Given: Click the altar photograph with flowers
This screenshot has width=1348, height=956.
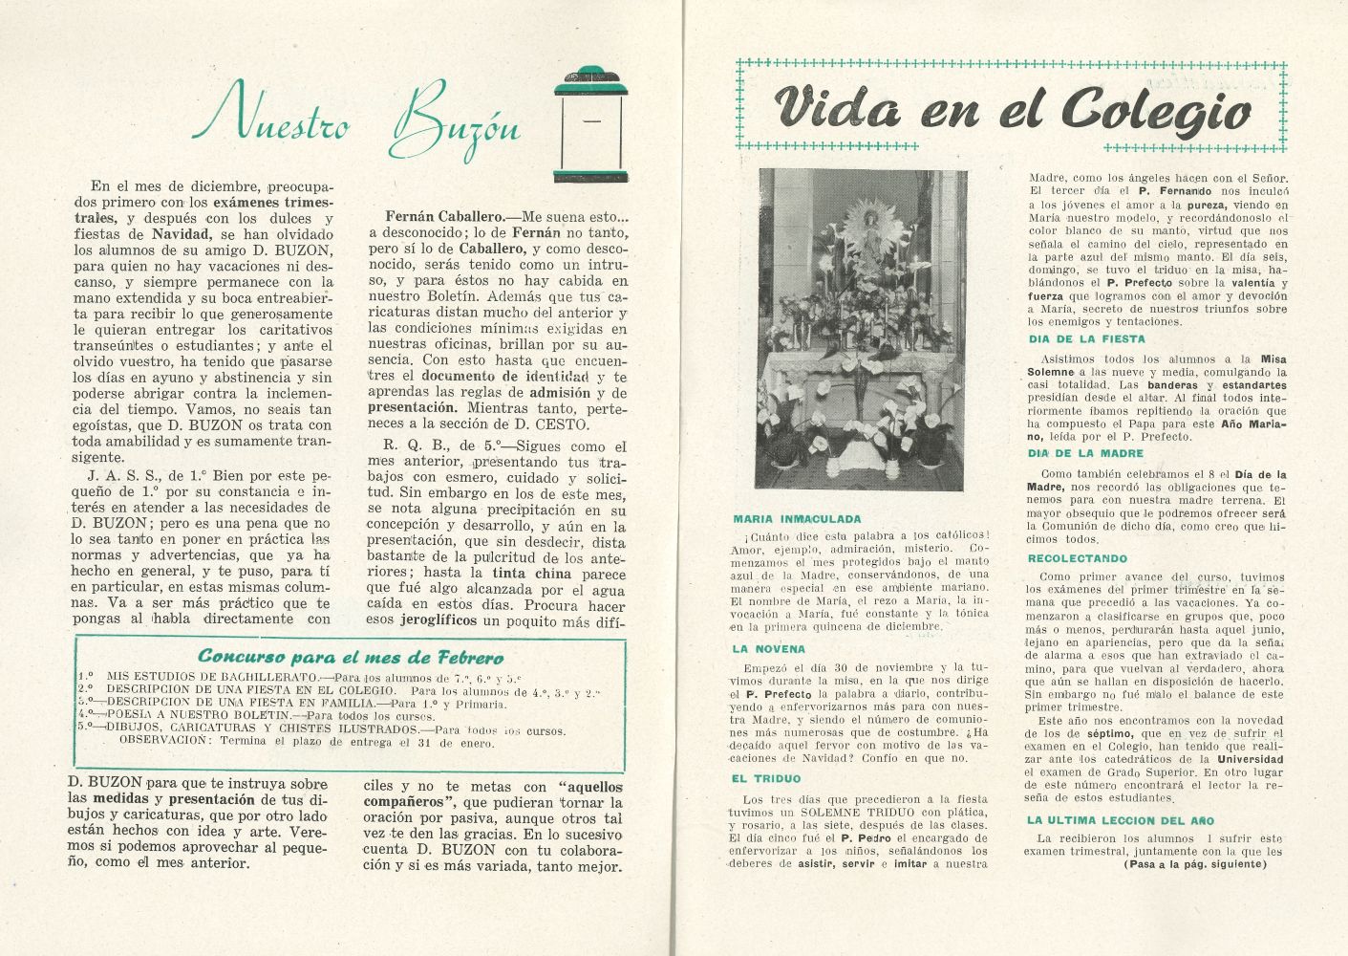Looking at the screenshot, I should [861, 330].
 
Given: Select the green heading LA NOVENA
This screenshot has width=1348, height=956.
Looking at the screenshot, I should [770, 649].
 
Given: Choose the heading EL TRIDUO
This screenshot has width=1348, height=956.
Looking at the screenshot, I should [767, 779].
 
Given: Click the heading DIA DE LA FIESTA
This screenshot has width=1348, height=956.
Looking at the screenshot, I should [1086, 339].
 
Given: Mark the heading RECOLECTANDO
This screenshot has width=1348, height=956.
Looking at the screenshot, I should [1078, 558].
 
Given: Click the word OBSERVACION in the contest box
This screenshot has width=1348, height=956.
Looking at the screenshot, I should [163, 739].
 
